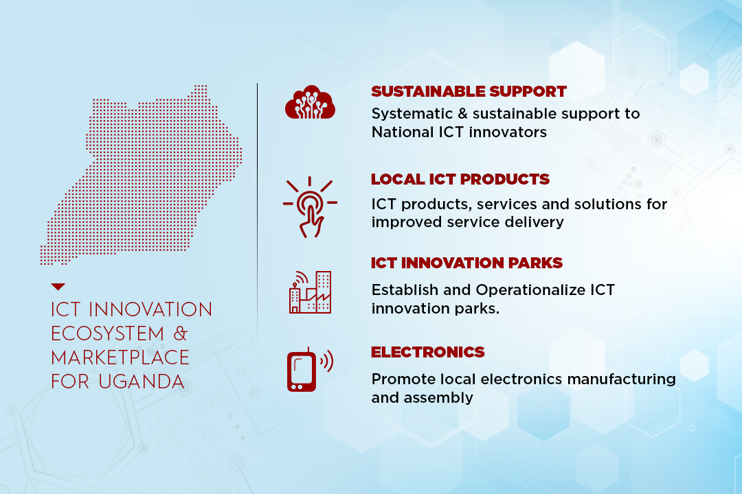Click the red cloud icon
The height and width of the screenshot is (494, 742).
[x=310, y=102]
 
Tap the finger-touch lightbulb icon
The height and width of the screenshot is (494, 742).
[x=310, y=207]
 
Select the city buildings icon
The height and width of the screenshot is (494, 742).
[x=310, y=292]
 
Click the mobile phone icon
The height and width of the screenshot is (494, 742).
[x=310, y=370]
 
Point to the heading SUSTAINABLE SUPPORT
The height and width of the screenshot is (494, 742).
[x=469, y=91]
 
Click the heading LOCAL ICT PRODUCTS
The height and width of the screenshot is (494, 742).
[x=460, y=179]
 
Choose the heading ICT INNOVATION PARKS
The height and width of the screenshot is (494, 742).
[x=466, y=263]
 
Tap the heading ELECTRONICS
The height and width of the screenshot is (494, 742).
[x=428, y=352]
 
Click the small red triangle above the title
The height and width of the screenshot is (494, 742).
[x=58, y=287]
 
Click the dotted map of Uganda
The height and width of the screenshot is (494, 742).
[x=141, y=175]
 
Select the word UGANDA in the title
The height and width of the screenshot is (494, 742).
[x=142, y=382]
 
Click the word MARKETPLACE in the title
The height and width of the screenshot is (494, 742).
[x=120, y=358]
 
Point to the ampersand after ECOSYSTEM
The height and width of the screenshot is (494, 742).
[x=180, y=333]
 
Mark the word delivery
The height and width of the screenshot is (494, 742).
[x=535, y=222]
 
